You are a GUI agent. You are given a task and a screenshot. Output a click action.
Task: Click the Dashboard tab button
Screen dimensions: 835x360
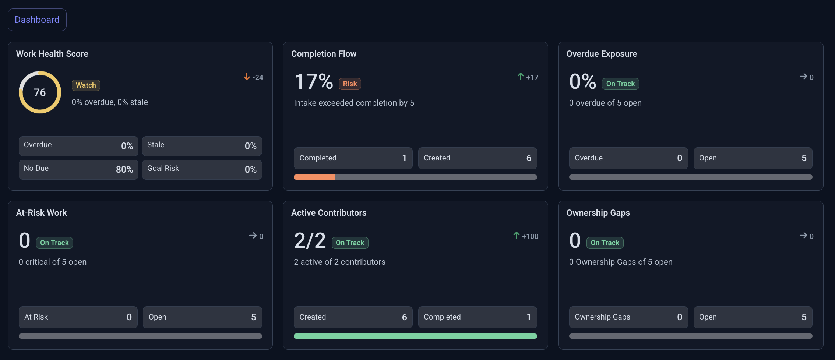(37, 20)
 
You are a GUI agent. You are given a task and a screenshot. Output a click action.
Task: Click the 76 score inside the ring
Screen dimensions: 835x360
(40, 92)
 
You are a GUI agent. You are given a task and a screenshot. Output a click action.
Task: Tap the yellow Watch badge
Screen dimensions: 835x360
(86, 85)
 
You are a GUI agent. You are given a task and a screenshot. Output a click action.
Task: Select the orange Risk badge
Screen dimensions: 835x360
(350, 84)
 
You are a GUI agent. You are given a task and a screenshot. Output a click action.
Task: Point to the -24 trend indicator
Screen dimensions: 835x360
(253, 77)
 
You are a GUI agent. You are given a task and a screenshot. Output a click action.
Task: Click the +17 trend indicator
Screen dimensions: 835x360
(528, 77)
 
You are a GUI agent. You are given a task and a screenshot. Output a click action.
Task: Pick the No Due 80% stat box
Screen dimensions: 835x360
(78, 169)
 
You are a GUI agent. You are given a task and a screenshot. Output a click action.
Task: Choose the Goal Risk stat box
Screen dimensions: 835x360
(202, 169)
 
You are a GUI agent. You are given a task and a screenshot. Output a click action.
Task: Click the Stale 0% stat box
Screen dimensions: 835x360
(202, 146)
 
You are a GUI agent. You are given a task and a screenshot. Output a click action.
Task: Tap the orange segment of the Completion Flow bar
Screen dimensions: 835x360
(314, 177)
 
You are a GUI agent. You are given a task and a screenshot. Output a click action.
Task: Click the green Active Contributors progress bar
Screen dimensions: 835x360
(415, 336)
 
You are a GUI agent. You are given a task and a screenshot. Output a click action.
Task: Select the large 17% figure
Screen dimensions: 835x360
(314, 81)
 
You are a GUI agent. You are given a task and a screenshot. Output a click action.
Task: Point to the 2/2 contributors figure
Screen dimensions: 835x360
(310, 240)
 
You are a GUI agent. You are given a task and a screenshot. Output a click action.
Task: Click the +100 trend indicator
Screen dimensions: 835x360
(526, 236)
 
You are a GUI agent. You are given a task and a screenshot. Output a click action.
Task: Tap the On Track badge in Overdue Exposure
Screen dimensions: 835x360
(620, 84)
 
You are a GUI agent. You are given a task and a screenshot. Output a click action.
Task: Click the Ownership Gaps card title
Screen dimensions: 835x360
(598, 213)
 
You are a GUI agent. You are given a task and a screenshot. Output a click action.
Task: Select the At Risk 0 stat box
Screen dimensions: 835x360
(78, 317)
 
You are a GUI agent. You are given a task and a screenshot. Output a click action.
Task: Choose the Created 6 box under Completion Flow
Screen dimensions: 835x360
(478, 158)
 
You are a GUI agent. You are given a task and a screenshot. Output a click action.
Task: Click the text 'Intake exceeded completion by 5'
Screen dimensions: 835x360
(354, 103)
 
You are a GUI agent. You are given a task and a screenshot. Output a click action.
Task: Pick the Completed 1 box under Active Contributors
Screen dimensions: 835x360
(478, 317)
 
